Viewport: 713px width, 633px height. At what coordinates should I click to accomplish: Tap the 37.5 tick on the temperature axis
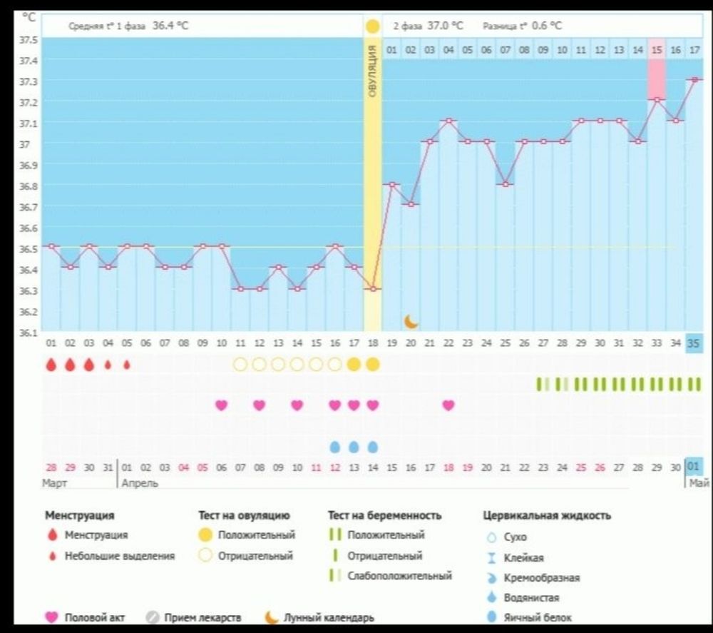pos(29,39)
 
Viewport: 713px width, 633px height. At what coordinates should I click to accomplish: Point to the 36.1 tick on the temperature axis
pos(29,332)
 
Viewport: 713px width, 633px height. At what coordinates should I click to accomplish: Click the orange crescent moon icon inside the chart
pos(411,321)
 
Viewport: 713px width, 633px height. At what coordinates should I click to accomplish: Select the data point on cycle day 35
pos(694,79)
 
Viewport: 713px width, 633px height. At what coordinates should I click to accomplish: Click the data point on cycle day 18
pos(373,289)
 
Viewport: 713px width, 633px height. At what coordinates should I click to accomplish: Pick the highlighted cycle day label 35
pos(694,343)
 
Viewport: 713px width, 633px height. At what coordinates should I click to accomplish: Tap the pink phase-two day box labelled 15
pos(657,50)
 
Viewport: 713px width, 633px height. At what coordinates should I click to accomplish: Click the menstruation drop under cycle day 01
pos(51,365)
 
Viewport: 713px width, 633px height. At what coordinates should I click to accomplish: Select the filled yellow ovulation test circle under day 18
pos(373,365)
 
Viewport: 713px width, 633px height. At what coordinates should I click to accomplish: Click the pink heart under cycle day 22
pos(448,405)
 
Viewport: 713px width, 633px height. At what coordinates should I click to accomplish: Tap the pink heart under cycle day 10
pos(222,405)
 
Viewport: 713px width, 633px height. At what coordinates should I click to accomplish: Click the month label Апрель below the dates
pos(139,483)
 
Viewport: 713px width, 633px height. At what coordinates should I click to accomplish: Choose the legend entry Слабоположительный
pos(399,576)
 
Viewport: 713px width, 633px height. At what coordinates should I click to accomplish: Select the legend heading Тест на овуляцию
pos(244,515)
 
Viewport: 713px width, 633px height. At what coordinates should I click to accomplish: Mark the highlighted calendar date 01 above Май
pos(694,467)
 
